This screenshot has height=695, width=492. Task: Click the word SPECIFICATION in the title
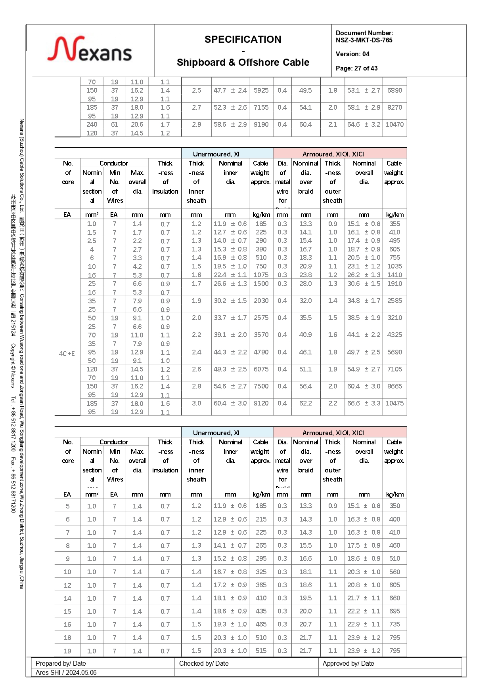point(243,40)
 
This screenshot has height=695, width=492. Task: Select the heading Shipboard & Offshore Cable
point(243,63)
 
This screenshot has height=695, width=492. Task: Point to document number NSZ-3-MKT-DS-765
point(364,40)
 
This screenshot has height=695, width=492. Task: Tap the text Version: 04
point(352,54)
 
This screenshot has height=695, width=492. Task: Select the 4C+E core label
point(67,354)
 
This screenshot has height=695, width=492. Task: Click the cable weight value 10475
point(394,403)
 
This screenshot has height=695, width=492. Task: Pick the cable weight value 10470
point(394,124)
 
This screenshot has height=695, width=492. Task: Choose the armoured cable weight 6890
point(394,90)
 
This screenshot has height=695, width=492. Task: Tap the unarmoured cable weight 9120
point(261,403)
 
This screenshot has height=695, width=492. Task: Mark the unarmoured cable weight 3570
point(261,335)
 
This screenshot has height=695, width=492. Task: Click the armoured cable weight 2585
point(394,301)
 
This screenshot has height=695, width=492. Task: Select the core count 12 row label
point(67,585)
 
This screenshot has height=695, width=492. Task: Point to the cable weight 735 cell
point(394,624)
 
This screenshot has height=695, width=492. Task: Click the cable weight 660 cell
point(394,598)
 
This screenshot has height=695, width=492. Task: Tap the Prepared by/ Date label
point(61,663)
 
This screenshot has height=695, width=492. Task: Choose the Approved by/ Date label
point(348,663)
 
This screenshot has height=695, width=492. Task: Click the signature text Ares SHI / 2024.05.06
point(66,672)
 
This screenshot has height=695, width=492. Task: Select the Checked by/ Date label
point(204,663)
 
